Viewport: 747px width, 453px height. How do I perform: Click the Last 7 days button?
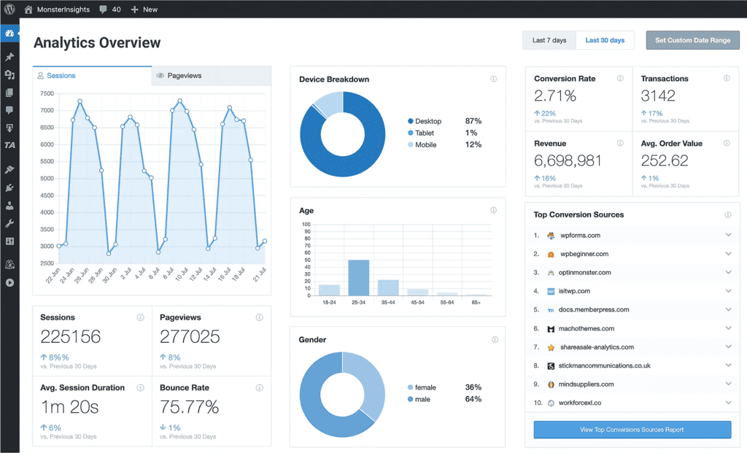point(549,40)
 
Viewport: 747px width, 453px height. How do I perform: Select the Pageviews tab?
point(184,76)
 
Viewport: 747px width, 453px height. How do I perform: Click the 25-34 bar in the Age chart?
point(358,277)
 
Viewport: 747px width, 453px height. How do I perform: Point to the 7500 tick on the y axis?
point(47,93)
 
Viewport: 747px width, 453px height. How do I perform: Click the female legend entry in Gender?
point(425,387)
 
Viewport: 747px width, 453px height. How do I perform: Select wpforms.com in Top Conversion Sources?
point(580,236)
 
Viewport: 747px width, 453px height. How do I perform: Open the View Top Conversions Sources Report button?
point(632,430)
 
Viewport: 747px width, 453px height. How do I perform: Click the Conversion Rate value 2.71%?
point(555,96)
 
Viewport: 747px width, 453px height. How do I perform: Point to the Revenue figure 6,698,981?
point(568,160)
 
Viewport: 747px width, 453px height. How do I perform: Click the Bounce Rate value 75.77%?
point(189,407)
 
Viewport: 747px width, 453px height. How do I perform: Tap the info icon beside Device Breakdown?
point(493,79)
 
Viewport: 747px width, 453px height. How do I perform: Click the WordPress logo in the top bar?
point(9,9)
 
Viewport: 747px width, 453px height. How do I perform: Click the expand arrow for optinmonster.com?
point(728,273)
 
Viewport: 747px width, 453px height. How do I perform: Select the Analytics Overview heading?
point(97,43)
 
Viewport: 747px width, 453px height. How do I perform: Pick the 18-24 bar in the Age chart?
point(329,290)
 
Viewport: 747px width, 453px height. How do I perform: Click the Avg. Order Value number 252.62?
point(665,160)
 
